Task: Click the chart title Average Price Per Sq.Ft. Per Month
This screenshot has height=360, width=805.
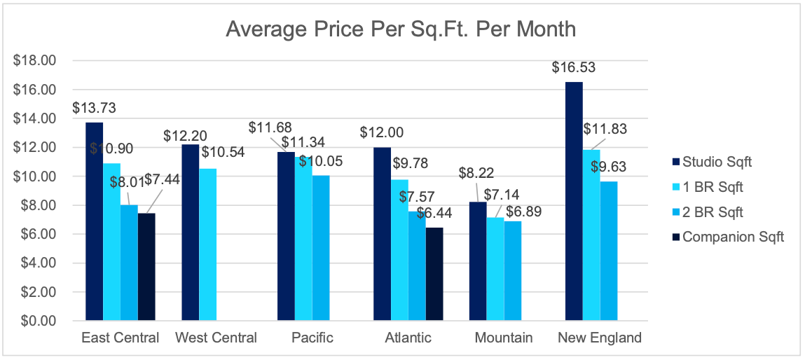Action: pos(401,29)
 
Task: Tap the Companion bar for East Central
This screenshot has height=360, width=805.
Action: pos(146,267)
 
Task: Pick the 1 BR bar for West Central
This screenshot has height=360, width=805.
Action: pos(207,244)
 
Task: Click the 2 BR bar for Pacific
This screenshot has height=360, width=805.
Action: pos(320,248)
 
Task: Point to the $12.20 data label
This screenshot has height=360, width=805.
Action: pos(184,135)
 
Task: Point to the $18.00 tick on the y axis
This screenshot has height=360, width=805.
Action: pos(34,61)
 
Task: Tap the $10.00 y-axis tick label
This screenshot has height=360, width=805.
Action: pos(34,176)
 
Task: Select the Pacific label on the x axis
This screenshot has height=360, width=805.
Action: pos(312,338)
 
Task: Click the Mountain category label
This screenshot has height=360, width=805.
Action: pos(503,338)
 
